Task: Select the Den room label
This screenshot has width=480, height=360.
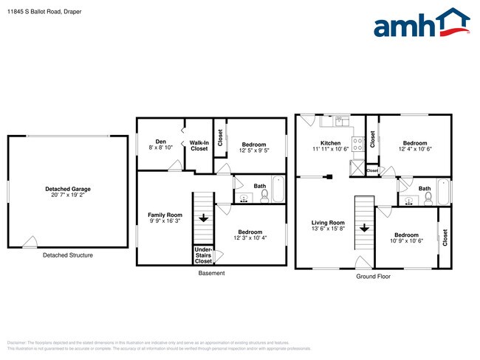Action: coord(160,142)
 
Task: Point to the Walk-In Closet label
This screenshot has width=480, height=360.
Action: coord(199,145)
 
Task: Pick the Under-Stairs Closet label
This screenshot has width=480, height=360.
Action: coord(203,255)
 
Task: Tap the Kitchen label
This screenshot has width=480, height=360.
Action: coord(330,142)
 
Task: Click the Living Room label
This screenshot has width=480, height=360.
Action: coord(327,222)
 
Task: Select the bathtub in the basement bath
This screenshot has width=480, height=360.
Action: coord(278,189)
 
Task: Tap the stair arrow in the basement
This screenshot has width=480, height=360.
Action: coord(203,218)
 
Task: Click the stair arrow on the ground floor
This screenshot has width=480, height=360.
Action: coord(364,227)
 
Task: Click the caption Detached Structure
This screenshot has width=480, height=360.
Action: coord(68,255)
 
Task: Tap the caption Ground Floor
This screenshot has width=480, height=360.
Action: coord(373,277)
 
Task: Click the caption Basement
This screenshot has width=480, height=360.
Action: coord(212,273)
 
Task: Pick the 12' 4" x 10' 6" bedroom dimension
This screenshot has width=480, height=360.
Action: coord(414,150)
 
